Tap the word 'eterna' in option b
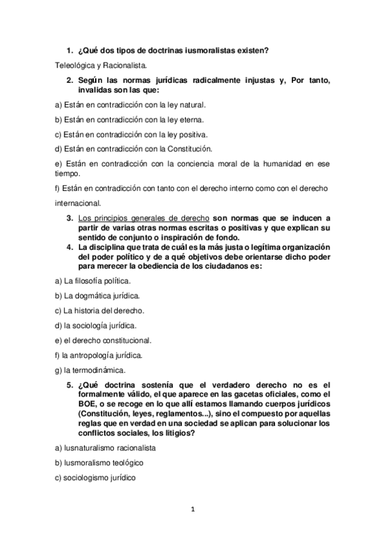[x=193, y=119]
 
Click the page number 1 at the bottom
[x=192, y=510]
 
